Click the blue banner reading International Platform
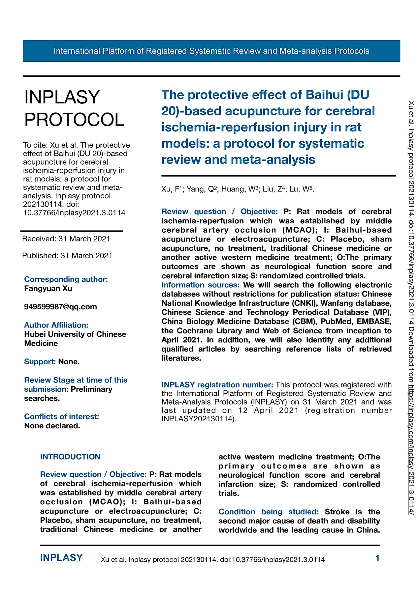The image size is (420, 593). pos(211,51)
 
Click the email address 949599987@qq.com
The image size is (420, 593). pos(60,307)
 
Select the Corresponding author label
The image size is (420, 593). pos(66,279)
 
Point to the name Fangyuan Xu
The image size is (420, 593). pos(48,289)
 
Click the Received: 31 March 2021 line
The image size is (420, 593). pos(66,239)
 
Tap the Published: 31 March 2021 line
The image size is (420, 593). pos(67,256)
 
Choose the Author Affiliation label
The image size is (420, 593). pos(56,325)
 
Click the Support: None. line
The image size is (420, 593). pos(52,362)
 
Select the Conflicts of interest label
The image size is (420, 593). pos(61,416)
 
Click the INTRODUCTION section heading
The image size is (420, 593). pos(70,457)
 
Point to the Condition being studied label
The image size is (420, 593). pos(269,512)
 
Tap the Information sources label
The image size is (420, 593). pos(200,285)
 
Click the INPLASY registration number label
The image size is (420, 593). pos(217,385)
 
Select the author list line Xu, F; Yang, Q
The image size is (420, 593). pos(238,189)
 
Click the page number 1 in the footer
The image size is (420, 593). pos(377,558)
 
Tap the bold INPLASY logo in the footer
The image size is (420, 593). pos(61,558)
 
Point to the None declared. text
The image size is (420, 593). pos(52,426)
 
